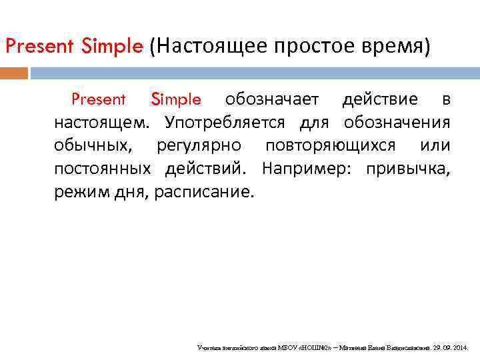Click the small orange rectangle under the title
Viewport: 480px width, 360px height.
[x=14, y=73]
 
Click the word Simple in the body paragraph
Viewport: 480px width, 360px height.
[x=176, y=100]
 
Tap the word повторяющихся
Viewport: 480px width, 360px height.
[x=330, y=146]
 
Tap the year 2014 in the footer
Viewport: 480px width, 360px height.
[x=461, y=348]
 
